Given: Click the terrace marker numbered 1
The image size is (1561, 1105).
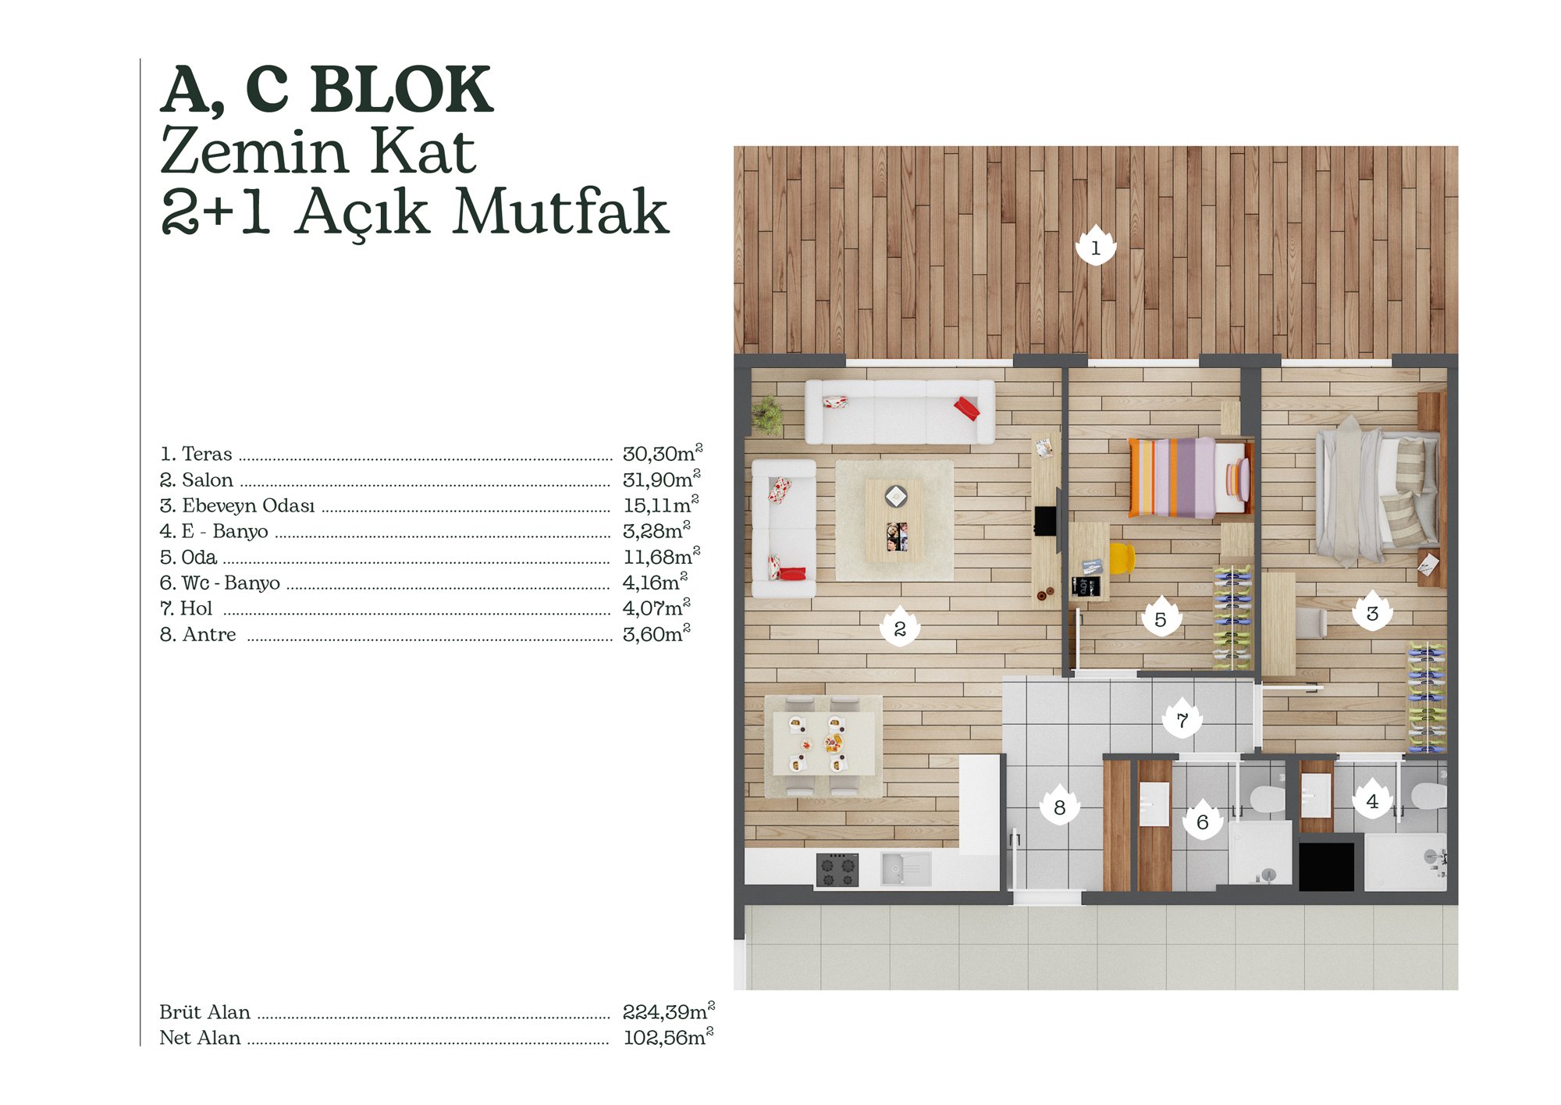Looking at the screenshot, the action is click(x=1095, y=245).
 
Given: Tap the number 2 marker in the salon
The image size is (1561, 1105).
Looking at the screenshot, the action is click(x=899, y=626).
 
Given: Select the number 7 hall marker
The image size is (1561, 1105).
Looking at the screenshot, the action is click(x=1182, y=718).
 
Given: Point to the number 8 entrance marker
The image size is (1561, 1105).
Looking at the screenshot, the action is click(x=1059, y=805).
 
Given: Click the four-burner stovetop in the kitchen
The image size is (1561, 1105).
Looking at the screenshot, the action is click(x=837, y=869).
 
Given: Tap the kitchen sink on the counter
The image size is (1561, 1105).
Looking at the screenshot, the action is click(x=905, y=868).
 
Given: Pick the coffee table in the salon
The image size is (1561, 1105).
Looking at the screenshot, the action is click(x=895, y=519).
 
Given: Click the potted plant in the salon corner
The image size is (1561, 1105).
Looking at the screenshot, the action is click(x=768, y=414).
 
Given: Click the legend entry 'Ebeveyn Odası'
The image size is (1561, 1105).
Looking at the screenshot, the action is click(x=248, y=505).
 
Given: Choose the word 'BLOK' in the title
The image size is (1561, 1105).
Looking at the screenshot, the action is click(x=401, y=90).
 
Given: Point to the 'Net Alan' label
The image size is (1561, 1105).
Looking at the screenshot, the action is click(x=200, y=1037).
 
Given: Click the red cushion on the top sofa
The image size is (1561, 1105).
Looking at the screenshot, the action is click(x=967, y=408).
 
